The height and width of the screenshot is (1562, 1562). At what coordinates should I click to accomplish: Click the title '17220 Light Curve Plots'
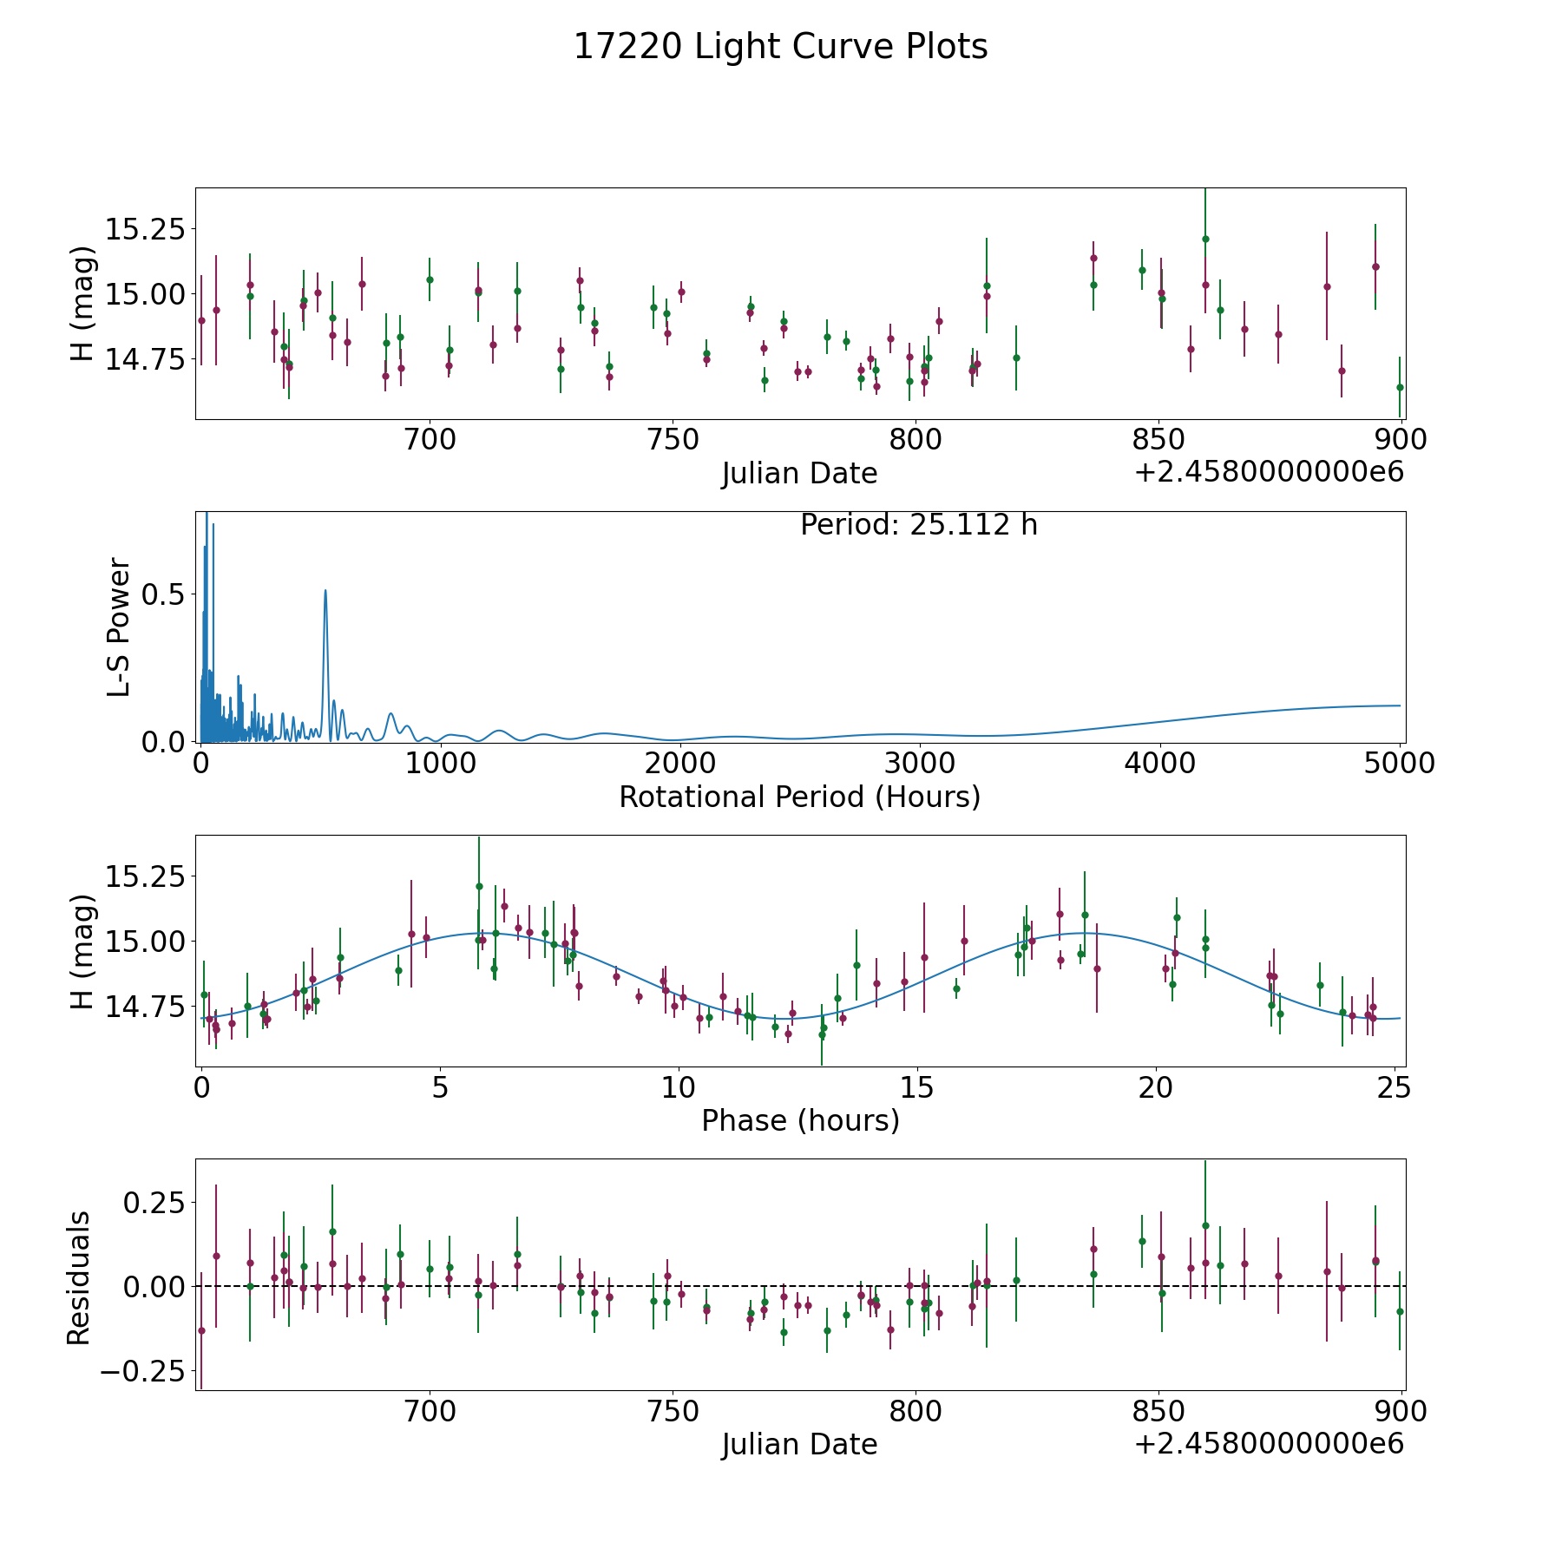click(780, 47)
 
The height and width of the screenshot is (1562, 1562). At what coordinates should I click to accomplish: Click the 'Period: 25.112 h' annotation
click(918, 525)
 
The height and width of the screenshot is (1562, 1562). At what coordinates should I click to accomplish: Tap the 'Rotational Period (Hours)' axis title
click(799, 797)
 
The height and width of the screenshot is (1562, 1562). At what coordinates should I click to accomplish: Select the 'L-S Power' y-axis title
click(119, 627)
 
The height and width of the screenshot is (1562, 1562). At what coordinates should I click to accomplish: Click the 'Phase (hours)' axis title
click(799, 1120)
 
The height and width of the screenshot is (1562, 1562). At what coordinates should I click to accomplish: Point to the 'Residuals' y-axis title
click(79, 1277)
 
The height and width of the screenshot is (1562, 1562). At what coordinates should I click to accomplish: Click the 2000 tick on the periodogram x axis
click(679, 764)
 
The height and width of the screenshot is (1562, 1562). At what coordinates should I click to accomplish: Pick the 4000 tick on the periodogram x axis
click(1159, 764)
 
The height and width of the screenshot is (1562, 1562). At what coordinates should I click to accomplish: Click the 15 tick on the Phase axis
click(917, 1087)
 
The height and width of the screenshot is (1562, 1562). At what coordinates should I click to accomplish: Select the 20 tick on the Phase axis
click(1156, 1087)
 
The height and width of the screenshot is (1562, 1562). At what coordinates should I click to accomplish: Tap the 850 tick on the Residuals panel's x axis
click(1158, 1412)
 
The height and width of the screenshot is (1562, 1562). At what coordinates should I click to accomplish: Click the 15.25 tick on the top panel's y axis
click(145, 230)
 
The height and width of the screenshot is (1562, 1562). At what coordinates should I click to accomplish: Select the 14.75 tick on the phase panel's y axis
click(145, 1007)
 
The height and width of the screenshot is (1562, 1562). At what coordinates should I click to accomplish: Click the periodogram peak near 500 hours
click(325, 591)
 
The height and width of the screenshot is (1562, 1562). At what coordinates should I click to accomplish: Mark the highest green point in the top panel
click(1205, 239)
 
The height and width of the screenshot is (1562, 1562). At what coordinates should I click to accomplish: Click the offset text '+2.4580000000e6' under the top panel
click(1269, 473)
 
